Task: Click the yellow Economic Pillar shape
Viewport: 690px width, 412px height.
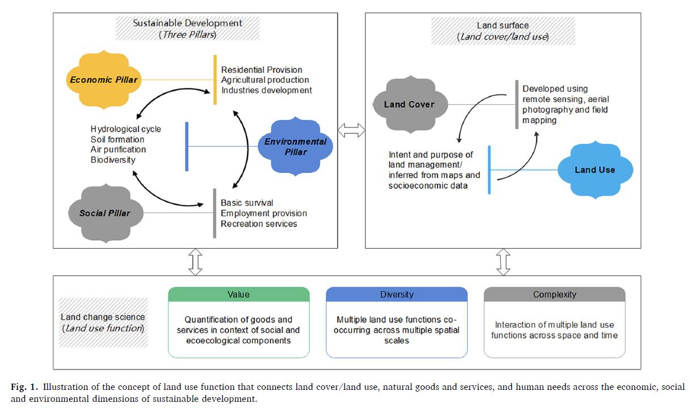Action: [104, 80]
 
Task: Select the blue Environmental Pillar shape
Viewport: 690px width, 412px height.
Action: [295, 146]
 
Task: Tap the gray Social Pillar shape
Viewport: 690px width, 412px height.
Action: [104, 213]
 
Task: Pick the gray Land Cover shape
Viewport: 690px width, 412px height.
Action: [409, 104]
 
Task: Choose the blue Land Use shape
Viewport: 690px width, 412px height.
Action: [595, 170]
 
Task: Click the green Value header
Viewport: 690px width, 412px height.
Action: [239, 295]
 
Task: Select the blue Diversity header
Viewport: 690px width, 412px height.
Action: [396, 295]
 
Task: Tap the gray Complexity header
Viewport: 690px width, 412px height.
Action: [554, 295]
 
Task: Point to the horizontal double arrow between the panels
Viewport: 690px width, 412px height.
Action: [351, 130]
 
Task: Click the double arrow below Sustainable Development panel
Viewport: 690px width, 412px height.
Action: [196, 262]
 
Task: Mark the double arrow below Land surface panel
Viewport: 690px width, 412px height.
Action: [503, 262]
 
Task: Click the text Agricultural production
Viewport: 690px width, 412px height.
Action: [265, 80]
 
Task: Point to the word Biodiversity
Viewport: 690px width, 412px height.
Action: [113, 160]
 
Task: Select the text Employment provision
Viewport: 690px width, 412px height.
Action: [264, 214]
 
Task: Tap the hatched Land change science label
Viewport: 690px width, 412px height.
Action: [103, 322]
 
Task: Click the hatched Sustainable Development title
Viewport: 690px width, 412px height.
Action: [188, 28]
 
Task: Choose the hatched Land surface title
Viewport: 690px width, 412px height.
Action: [503, 31]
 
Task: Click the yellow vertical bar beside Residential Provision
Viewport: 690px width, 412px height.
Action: [215, 80]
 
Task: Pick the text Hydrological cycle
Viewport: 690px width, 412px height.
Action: [125, 129]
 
